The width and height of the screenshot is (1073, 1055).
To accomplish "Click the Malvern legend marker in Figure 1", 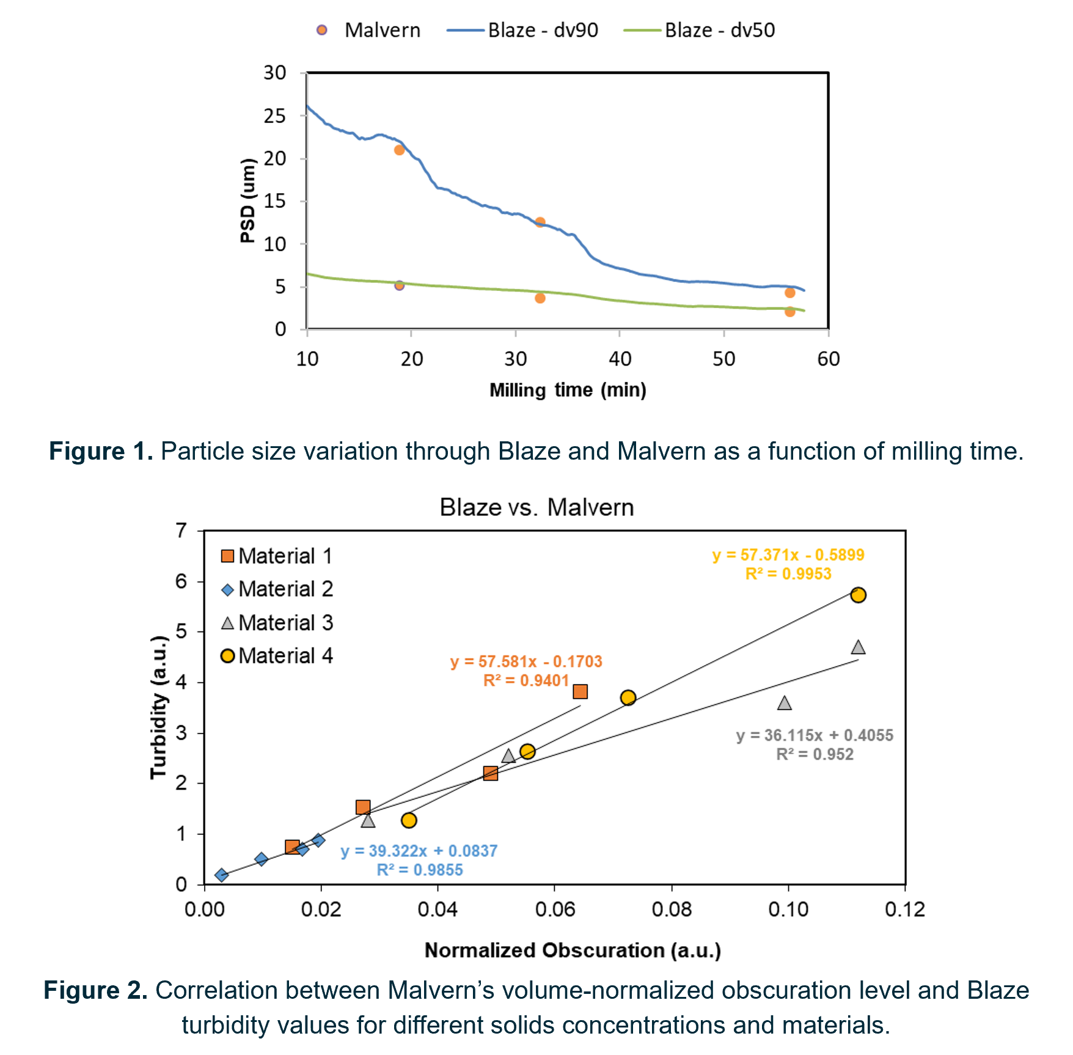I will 322,30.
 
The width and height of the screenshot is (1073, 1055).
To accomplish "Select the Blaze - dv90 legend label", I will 543,30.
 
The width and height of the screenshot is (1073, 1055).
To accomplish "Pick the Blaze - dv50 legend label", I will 719,30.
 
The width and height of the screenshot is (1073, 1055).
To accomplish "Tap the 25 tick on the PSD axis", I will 275,116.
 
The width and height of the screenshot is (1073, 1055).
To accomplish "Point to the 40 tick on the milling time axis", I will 620,359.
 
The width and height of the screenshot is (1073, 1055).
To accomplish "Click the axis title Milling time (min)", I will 568,390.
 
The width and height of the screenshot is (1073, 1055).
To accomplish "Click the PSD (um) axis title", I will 247,200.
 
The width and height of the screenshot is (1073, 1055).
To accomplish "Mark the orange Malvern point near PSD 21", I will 399,150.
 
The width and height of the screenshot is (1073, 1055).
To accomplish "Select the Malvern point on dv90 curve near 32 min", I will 540,222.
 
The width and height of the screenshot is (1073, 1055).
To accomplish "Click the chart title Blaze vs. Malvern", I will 536,507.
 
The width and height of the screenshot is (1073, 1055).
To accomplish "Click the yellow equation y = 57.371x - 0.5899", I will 788,555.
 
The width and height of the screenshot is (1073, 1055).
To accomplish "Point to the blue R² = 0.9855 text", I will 420,870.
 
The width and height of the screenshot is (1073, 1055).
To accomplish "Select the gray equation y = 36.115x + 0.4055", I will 814,735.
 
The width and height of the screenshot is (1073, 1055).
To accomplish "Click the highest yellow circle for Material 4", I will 858,595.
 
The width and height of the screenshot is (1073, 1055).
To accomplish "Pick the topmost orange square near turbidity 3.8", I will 580,691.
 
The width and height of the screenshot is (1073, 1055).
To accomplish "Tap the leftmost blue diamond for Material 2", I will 222,875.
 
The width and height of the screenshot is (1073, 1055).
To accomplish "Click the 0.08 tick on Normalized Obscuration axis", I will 672,910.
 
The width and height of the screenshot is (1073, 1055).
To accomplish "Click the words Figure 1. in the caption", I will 101,452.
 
